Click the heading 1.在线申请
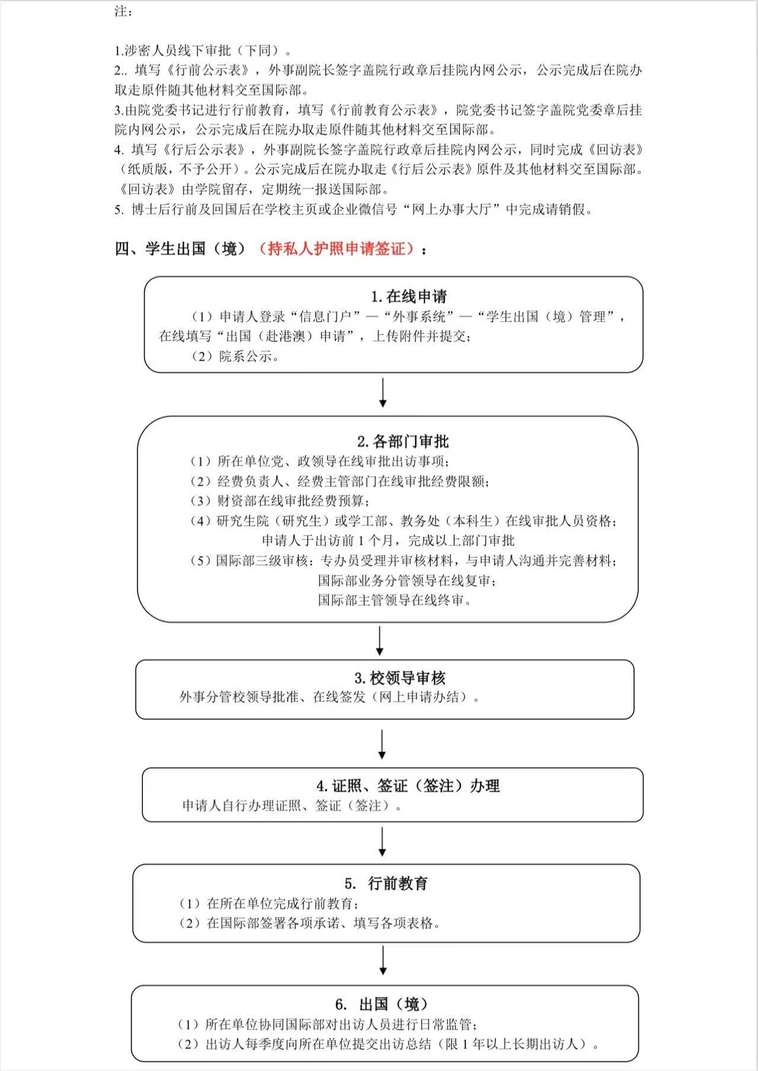pyautogui.click(x=409, y=296)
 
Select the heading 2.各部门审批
pyautogui.click(x=402, y=441)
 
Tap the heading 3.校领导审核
pyautogui.click(x=399, y=678)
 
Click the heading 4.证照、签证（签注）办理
pyautogui.click(x=408, y=786)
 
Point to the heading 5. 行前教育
pyautogui.click(x=386, y=884)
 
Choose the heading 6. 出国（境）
pyautogui.click(x=381, y=1004)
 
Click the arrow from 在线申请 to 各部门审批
pyautogui.click(x=383, y=394)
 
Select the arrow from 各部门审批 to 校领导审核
pyautogui.click(x=380, y=641)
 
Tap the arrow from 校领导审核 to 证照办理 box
pyautogui.click(x=382, y=744)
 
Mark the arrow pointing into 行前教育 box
pyautogui.click(x=382, y=842)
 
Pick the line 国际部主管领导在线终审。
pyautogui.click(x=395, y=600)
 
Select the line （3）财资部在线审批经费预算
pyautogui.click(x=279, y=501)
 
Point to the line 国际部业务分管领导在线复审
pyautogui.click(x=407, y=581)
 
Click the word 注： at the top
pyautogui.click(x=123, y=11)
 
